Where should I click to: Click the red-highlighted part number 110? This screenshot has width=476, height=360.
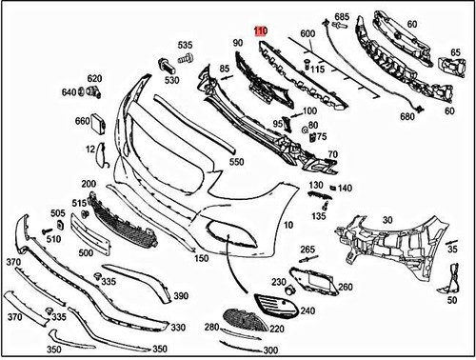(x=260, y=31)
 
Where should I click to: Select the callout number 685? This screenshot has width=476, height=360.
(x=342, y=17)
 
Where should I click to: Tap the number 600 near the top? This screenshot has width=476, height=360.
(x=307, y=35)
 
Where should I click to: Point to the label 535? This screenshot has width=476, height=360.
(x=184, y=45)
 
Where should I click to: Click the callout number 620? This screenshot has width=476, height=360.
(x=94, y=78)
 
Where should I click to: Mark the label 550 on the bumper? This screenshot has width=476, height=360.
(x=236, y=163)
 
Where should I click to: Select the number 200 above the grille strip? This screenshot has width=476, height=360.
(x=89, y=183)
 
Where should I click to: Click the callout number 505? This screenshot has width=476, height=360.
(x=58, y=213)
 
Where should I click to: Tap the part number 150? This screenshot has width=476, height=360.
(x=201, y=258)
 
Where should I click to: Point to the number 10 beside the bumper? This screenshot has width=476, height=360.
(x=288, y=226)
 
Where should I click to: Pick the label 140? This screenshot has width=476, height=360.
(x=345, y=189)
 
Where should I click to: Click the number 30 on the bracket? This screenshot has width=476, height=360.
(x=387, y=220)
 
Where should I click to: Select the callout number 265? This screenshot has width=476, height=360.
(x=307, y=250)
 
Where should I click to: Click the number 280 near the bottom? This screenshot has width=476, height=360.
(x=210, y=328)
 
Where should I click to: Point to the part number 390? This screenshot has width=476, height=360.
(x=180, y=297)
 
